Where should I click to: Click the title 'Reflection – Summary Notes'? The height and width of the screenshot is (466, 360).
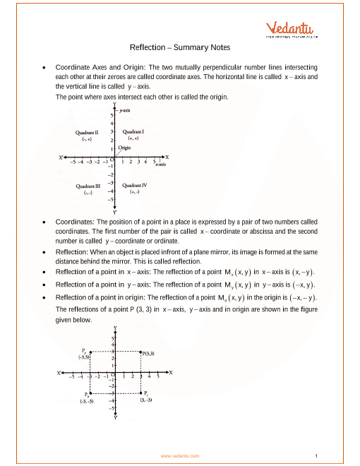(x=179, y=47)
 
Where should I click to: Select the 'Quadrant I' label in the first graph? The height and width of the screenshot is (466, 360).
(x=133, y=131)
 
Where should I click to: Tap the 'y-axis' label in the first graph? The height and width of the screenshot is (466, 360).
(x=127, y=111)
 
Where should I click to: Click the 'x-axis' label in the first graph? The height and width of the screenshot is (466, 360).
(x=160, y=165)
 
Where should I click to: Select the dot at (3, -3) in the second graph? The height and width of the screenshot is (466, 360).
(x=141, y=393)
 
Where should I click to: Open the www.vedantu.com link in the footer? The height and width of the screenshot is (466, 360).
(x=179, y=455)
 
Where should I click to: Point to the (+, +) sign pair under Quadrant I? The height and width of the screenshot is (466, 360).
(x=133, y=140)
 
